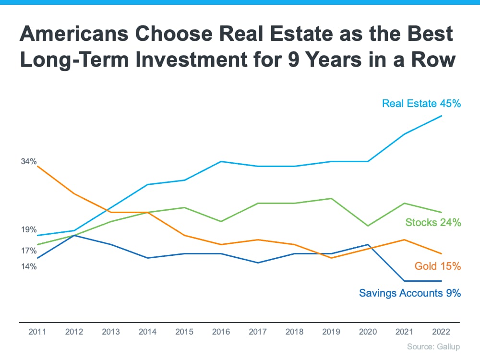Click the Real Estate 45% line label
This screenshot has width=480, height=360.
[421, 103]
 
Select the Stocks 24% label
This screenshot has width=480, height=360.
[433, 222]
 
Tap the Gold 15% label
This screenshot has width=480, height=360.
[438, 266]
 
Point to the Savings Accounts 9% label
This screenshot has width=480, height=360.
[410, 293]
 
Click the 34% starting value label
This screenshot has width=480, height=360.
[29, 162]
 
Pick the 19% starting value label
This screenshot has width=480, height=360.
[29, 230]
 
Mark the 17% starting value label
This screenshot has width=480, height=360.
[29, 251]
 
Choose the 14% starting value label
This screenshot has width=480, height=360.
[29, 266]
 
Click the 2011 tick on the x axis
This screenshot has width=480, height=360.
[37, 332]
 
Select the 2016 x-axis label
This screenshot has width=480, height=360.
[221, 332]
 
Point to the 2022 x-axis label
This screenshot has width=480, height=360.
[442, 332]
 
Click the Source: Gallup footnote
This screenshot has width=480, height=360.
[433, 347]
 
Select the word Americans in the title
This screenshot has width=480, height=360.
[70, 35]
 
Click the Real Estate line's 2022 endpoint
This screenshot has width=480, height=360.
[442, 116]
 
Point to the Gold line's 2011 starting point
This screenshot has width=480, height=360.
[37, 166]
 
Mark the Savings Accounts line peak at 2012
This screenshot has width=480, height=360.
[74, 235]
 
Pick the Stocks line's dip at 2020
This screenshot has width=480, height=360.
[368, 226]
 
